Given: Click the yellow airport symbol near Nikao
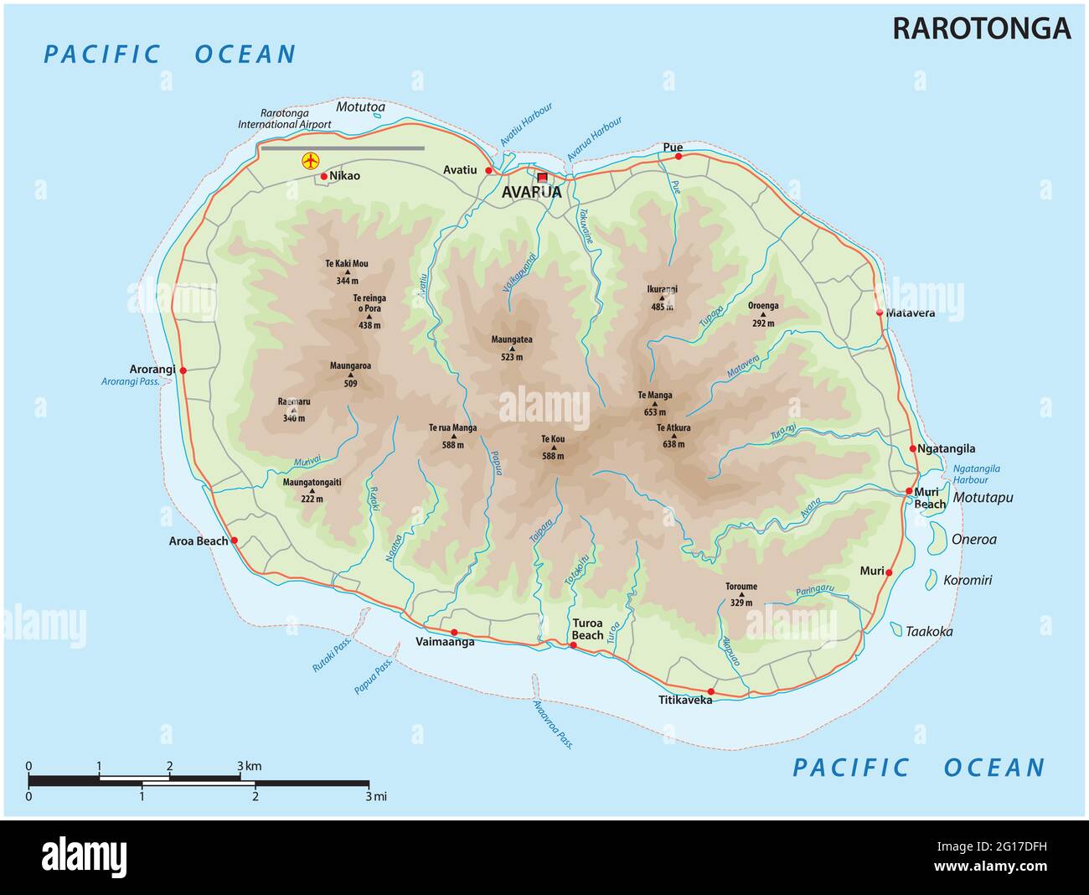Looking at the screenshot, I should coord(311,160).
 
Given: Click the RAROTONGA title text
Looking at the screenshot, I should coord(981,28).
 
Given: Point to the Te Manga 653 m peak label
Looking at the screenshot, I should coord(655,403).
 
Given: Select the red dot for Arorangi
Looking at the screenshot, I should coord(183,370).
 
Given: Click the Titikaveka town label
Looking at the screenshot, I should coord(685,700).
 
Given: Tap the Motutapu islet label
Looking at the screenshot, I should coord(983,498).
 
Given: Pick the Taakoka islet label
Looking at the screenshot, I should coord(929,632).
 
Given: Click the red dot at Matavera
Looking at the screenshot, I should coord(880,313).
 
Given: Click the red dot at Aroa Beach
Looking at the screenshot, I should coord(235,541).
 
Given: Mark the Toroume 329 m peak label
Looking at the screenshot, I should coord(741,594).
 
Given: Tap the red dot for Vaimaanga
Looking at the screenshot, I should coord(454,632).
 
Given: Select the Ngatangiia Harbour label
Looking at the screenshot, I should coord(977,474).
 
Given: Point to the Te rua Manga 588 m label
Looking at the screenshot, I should coord(453,436).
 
